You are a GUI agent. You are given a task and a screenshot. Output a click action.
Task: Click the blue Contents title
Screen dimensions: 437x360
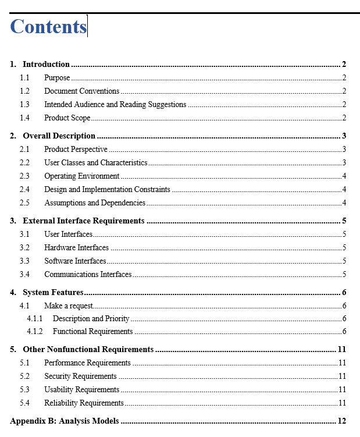[x=48, y=27]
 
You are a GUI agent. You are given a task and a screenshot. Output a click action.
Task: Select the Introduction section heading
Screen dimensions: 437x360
[x=46, y=65]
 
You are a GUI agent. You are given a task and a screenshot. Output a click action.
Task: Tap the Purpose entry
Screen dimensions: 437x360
[x=57, y=78]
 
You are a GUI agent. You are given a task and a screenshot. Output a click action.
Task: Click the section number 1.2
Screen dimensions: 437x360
[x=24, y=91]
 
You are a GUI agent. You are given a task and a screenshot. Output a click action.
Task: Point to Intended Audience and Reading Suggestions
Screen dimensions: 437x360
[x=115, y=105]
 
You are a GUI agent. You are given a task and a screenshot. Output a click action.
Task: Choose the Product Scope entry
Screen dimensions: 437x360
[x=67, y=118]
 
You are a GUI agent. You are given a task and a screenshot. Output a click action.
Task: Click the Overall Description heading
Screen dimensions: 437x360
[x=59, y=136]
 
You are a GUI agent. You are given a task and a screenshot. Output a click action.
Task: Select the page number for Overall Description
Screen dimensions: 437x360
[x=344, y=136]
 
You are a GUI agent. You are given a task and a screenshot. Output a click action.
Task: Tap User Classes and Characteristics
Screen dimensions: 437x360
[x=95, y=163]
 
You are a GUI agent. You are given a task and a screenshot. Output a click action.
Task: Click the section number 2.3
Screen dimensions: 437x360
[x=24, y=176]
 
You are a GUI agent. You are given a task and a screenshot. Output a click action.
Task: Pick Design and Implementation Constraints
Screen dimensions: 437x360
[x=107, y=190]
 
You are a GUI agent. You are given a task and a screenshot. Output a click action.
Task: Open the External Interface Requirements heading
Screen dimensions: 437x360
[x=83, y=221]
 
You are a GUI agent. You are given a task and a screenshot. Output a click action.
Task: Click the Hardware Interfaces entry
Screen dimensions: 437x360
[x=76, y=248]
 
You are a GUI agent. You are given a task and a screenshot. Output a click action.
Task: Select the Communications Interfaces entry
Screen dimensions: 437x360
[x=88, y=275]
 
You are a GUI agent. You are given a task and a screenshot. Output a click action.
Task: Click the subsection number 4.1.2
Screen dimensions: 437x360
[x=34, y=332]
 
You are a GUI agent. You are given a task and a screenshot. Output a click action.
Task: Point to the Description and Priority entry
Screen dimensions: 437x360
[x=91, y=319]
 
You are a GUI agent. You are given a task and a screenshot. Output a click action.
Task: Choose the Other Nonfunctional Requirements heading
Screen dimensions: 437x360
[x=88, y=350]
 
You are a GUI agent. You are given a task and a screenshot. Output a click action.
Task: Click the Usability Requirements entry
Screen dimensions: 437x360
[x=81, y=390]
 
